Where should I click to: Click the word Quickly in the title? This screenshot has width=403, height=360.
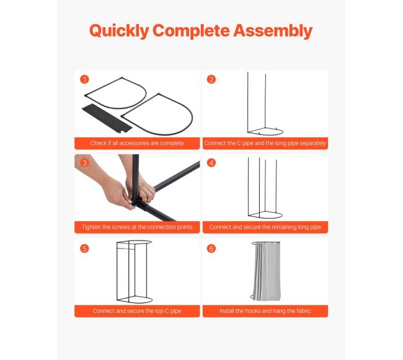(119, 31)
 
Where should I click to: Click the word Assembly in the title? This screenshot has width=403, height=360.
(273, 31)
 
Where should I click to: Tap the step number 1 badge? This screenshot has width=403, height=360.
(84, 79)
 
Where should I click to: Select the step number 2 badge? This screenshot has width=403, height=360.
(211, 79)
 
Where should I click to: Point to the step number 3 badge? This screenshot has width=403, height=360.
(84, 162)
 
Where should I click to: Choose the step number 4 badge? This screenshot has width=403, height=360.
(211, 162)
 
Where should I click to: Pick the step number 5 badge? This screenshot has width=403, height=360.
(84, 248)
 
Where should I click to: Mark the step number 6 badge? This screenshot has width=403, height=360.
(211, 248)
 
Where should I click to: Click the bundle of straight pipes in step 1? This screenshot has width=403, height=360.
(107, 118)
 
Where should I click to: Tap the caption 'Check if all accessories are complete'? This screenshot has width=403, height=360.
(137, 143)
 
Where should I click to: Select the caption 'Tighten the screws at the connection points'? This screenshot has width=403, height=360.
(137, 227)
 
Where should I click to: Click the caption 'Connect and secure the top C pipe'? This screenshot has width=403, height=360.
(137, 311)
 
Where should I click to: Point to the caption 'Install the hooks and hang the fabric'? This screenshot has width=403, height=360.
(265, 311)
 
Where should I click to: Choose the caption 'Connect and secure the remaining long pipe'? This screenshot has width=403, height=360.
(265, 227)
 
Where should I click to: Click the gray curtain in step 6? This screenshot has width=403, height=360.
(266, 271)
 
